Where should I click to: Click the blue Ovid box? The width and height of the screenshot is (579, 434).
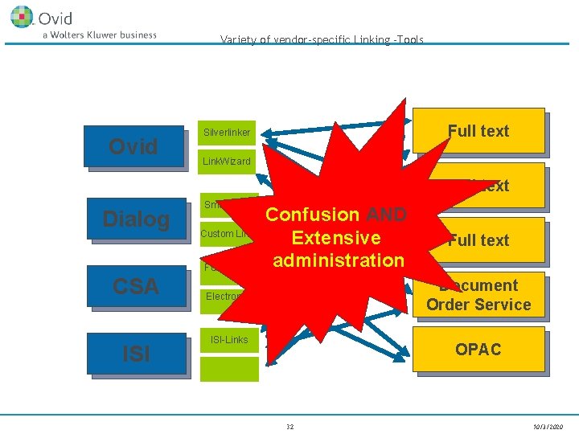(x=136, y=146)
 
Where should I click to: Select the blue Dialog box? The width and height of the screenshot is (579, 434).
(x=136, y=219)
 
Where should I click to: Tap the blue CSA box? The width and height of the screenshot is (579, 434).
(x=136, y=286)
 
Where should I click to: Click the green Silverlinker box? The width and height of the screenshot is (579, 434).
(x=228, y=133)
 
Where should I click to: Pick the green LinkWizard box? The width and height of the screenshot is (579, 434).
(x=228, y=162)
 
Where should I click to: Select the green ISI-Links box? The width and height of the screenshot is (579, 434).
(x=229, y=340)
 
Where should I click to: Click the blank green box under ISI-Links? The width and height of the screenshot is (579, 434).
(x=229, y=369)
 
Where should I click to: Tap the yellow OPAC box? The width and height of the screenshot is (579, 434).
(x=478, y=350)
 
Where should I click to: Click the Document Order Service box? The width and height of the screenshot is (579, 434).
(x=478, y=296)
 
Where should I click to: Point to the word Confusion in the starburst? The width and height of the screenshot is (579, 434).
(x=312, y=215)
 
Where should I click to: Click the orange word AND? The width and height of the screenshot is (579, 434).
(x=386, y=215)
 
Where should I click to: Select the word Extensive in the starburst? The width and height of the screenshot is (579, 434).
(x=336, y=238)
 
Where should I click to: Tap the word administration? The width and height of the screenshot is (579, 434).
(x=339, y=260)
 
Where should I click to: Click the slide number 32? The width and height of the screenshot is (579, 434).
(x=289, y=426)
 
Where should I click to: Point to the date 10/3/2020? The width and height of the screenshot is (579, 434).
(x=548, y=426)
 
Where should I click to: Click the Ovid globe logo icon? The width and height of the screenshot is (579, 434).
(x=22, y=16)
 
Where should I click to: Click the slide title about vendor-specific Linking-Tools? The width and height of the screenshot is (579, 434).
(x=322, y=39)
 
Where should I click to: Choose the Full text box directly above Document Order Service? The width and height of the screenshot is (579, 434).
(x=478, y=240)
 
